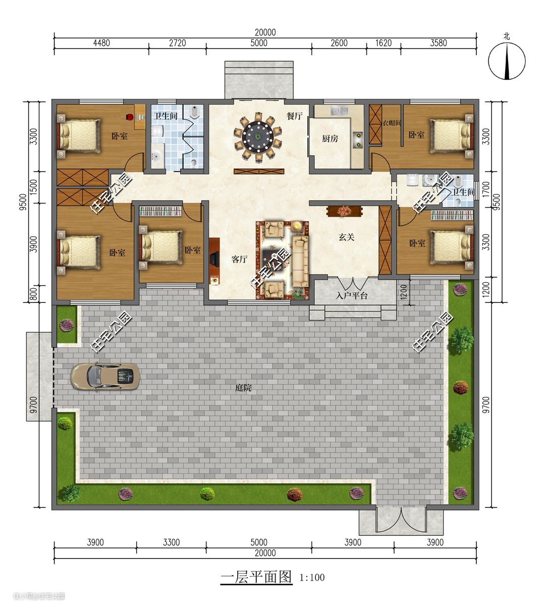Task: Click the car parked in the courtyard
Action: (x=105, y=376)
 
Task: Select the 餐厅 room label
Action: (x=295, y=116)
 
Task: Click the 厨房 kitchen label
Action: (x=330, y=138)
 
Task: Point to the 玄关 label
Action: (x=346, y=237)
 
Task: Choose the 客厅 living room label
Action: (x=239, y=259)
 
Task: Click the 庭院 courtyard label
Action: (x=243, y=388)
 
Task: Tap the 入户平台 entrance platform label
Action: (x=351, y=295)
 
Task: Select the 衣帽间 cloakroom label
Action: (x=392, y=123)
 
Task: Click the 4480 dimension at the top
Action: (x=101, y=43)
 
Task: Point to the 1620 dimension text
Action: (x=384, y=43)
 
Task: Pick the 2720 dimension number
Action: (x=178, y=43)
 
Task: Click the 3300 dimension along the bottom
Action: (x=172, y=542)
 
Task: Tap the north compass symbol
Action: (x=507, y=61)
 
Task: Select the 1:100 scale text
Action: (x=312, y=577)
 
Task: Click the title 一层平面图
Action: (x=256, y=577)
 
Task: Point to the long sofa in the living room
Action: (x=300, y=262)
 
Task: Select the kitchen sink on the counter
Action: (x=340, y=110)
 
